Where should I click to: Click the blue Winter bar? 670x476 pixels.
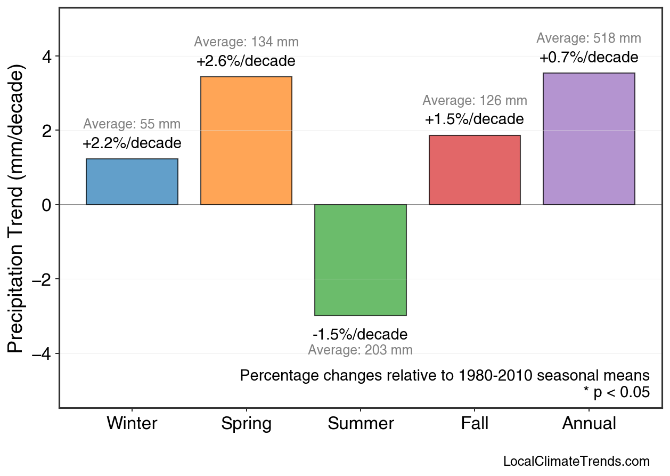(132, 182)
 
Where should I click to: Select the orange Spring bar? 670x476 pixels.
(246, 141)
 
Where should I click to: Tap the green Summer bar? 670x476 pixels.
(361, 260)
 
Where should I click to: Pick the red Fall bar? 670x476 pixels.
(475, 170)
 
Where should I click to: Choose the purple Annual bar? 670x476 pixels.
(589, 139)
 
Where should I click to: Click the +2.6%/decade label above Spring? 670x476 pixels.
(246, 61)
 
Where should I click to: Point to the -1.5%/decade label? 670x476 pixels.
(360, 335)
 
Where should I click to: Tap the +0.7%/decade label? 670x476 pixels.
(589, 58)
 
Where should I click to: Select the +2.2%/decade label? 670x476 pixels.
(132, 143)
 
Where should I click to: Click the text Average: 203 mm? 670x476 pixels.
(360, 350)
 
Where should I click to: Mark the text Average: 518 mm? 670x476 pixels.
(589, 38)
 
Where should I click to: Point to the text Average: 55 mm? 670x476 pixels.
(132, 124)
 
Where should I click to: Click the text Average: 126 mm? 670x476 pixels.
(475, 101)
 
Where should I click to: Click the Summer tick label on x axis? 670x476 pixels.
(361, 424)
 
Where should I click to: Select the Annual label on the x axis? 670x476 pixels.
(589, 424)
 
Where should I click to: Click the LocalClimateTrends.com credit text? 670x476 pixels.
(576, 462)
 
